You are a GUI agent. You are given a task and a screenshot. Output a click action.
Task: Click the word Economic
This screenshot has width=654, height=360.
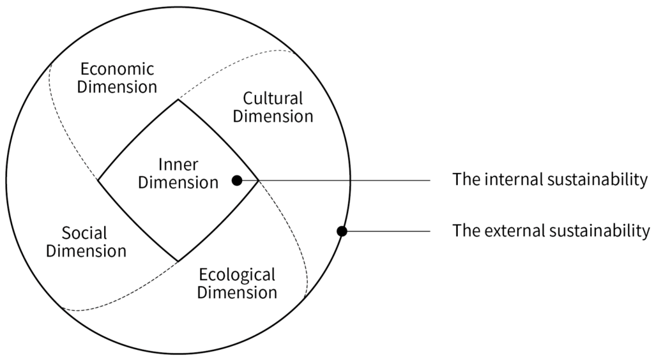click(117, 69)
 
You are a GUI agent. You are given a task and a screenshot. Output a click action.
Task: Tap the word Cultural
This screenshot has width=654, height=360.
click(273, 99)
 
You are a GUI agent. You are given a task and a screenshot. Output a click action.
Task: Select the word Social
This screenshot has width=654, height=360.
click(84, 233)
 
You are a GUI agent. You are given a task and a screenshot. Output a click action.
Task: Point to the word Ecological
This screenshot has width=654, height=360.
click(237, 275)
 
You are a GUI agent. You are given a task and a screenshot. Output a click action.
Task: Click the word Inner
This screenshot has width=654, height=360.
click(178, 164)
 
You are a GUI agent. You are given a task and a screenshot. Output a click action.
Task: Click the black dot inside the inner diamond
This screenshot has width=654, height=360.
click(237, 181)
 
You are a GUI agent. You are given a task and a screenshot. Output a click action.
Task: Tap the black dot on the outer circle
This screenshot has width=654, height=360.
click(342, 231)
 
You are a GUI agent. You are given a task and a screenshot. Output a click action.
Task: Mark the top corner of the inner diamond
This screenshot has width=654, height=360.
click(178, 100)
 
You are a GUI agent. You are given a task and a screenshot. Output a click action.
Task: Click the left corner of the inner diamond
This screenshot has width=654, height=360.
click(98, 181)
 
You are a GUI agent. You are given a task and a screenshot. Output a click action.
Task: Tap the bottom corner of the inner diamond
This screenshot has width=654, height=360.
click(178, 261)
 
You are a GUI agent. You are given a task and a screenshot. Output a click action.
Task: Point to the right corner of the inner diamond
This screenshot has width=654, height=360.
click(259, 181)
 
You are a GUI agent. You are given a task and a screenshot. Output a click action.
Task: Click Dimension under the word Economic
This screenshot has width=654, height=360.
click(117, 87)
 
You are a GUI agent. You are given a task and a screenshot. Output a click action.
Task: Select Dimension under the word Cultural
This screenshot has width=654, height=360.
click(273, 117)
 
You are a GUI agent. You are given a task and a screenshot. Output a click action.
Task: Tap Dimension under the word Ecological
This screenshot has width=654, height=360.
click(237, 293)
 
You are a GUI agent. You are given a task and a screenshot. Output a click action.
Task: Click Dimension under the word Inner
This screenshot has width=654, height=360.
click(178, 183)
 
